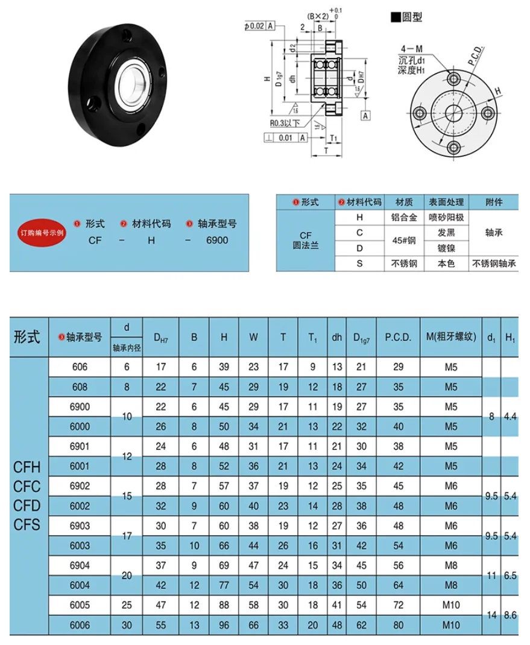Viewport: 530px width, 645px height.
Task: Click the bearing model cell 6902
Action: pos(80,486)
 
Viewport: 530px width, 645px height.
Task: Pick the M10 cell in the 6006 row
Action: pos(450,625)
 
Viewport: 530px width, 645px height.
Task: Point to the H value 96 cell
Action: pos(224,625)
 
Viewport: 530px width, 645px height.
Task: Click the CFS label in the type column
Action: pos(27,524)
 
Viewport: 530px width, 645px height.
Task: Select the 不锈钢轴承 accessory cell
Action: pos(494,263)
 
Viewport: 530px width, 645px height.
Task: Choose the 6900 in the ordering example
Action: pos(217,240)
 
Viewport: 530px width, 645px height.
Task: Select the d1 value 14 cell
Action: pos(492,615)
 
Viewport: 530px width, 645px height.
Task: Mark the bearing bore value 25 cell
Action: pos(127,605)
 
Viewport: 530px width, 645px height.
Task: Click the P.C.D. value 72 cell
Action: pos(398,605)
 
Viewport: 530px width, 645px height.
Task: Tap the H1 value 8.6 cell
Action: pos(510,615)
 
